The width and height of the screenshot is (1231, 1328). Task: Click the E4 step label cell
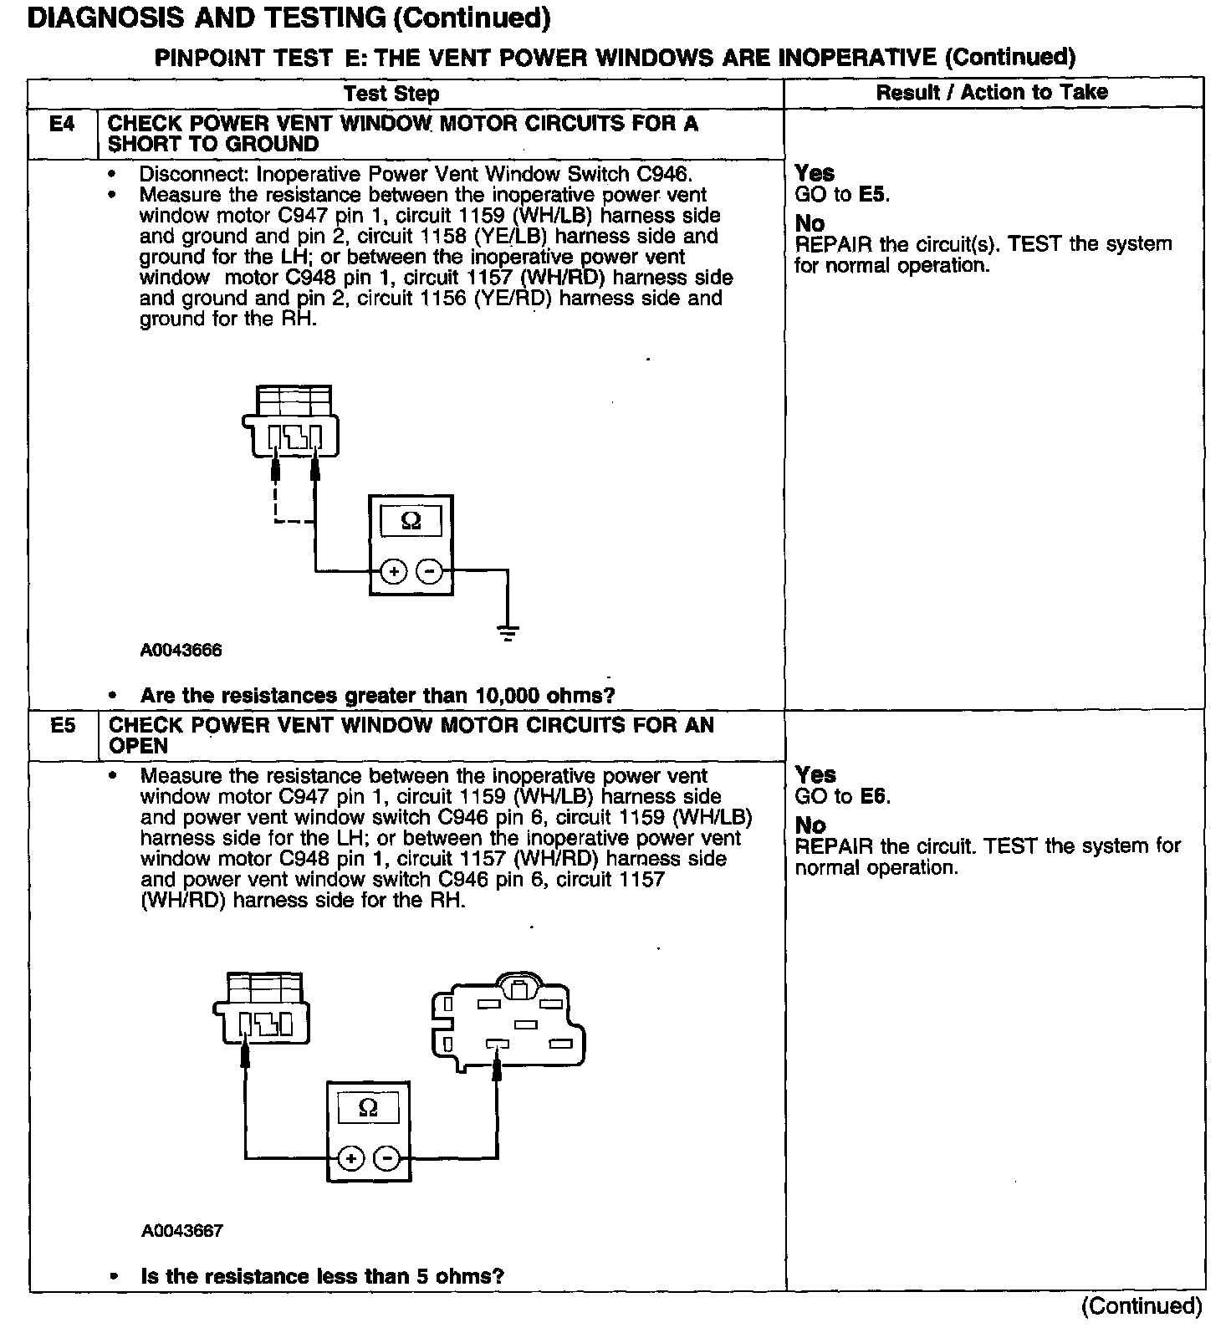[x=62, y=125]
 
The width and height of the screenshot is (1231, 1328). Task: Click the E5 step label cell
[x=63, y=726]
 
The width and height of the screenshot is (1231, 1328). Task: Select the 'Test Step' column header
[x=391, y=93]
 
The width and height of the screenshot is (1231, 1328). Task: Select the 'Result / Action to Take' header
[x=992, y=92]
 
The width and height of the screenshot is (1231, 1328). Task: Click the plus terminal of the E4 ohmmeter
[x=394, y=572]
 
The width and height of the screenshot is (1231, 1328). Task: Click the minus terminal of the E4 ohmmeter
[x=430, y=572]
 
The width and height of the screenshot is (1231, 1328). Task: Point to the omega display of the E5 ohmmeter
[x=368, y=1109]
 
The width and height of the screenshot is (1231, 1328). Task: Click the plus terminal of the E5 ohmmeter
[x=351, y=1159]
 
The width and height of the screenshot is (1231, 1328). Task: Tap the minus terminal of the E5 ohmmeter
[x=386, y=1159]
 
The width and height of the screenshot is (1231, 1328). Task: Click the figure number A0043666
[x=181, y=651]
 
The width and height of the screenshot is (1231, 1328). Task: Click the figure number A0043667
[x=181, y=1231]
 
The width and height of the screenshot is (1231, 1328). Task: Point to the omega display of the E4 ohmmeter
[x=411, y=522]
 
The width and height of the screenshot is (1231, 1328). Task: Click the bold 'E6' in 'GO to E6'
[x=875, y=796]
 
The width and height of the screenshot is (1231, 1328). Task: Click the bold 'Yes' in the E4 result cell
[x=815, y=173]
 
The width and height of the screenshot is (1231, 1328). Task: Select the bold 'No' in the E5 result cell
[x=810, y=825]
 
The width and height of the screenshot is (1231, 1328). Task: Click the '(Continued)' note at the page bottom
[x=1142, y=1306]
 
